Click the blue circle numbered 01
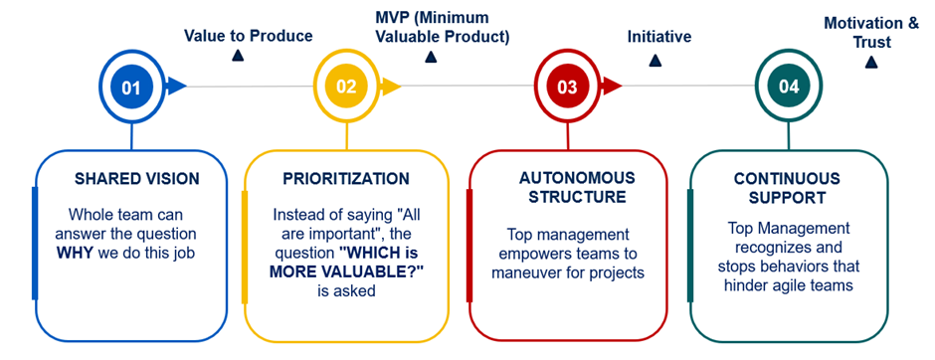131,88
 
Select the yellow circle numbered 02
346,87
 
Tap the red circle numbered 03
567,87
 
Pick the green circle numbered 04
789,87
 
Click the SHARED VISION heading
137,179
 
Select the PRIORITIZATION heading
346,179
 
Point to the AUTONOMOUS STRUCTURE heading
577,188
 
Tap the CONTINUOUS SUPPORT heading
787,188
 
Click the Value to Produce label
248,36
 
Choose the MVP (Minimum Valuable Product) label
439,27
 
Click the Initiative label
659,37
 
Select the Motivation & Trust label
871,32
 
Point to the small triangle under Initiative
655,61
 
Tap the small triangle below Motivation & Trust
871,62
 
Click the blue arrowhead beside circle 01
176,87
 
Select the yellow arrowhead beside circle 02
391,87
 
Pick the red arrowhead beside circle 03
612,87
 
